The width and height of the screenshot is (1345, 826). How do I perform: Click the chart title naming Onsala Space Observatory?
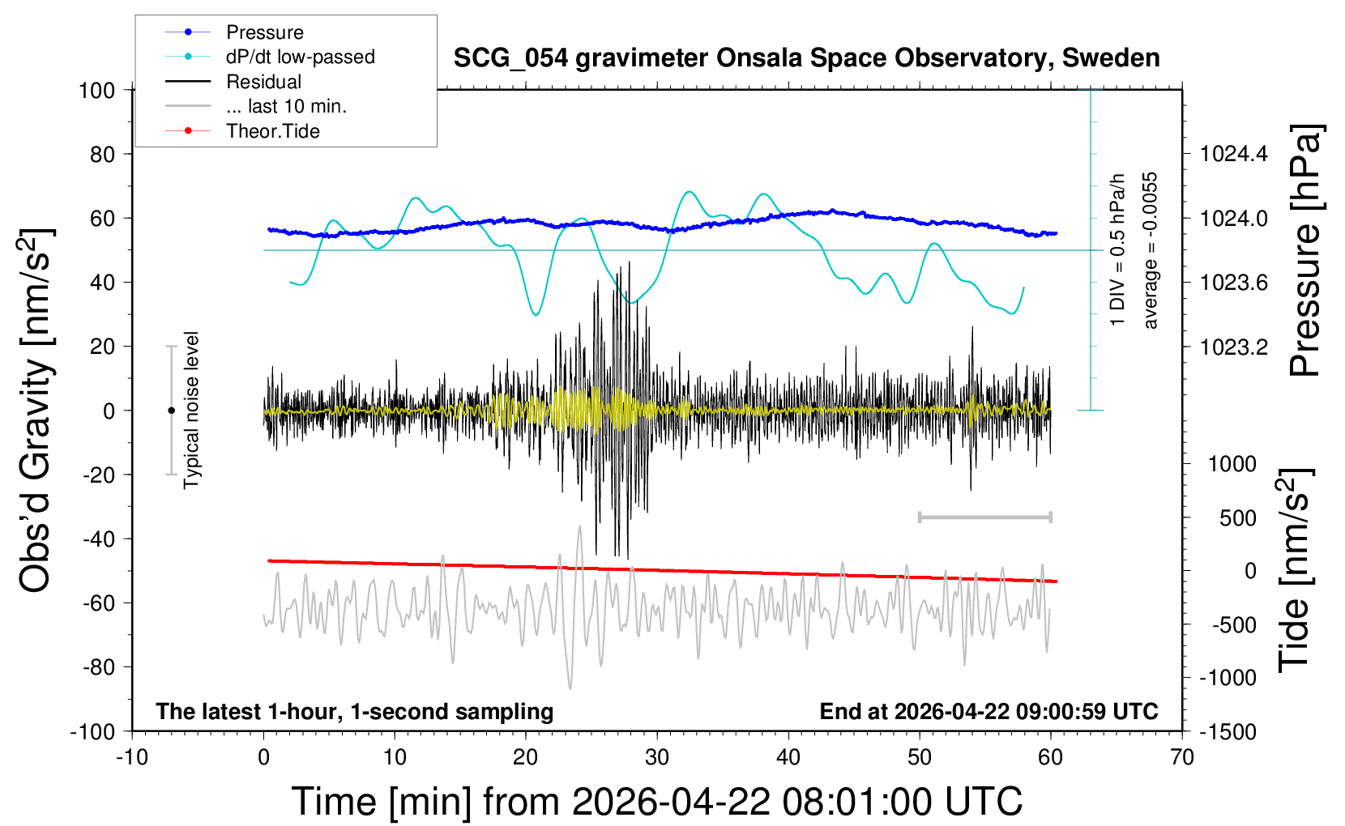pyautogui.click(x=806, y=58)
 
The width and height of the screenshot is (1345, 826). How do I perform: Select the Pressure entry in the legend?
pyautogui.click(x=264, y=32)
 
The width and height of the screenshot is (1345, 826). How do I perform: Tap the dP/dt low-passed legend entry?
pyautogui.click(x=300, y=57)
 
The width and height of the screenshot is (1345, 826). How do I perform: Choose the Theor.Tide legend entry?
pyautogui.click(x=272, y=131)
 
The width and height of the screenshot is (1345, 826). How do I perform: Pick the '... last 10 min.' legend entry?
pyautogui.click(x=286, y=106)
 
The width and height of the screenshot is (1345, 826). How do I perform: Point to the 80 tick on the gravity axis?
pyautogui.click(x=102, y=154)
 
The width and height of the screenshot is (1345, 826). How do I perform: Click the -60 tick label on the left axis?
pyautogui.click(x=98, y=602)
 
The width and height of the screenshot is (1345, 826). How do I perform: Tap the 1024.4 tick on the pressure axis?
pyautogui.click(x=1234, y=154)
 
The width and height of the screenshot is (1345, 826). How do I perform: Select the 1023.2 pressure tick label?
pyautogui.click(x=1234, y=347)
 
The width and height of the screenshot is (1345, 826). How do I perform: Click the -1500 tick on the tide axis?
pyautogui.click(x=1228, y=732)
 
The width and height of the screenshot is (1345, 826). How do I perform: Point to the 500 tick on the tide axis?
pyautogui.click(x=1238, y=518)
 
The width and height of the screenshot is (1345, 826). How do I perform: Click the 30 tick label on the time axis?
pyautogui.click(x=657, y=758)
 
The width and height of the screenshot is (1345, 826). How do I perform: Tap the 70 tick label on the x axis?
pyautogui.click(x=1182, y=758)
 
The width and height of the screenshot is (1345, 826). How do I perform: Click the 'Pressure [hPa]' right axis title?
pyautogui.click(x=1306, y=250)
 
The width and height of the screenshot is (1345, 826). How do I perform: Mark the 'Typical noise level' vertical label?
pyautogui.click(x=191, y=410)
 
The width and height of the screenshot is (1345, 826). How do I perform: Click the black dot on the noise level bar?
pyautogui.click(x=171, y=411)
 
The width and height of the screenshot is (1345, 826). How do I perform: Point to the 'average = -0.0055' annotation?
pyautogui.click(x=1150, y=250)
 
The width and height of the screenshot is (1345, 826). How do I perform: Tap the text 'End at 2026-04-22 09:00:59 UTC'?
pyautogui.click(x=988, y=711)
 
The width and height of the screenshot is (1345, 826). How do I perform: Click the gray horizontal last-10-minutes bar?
pyautogui.click(x=984, y=517)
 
